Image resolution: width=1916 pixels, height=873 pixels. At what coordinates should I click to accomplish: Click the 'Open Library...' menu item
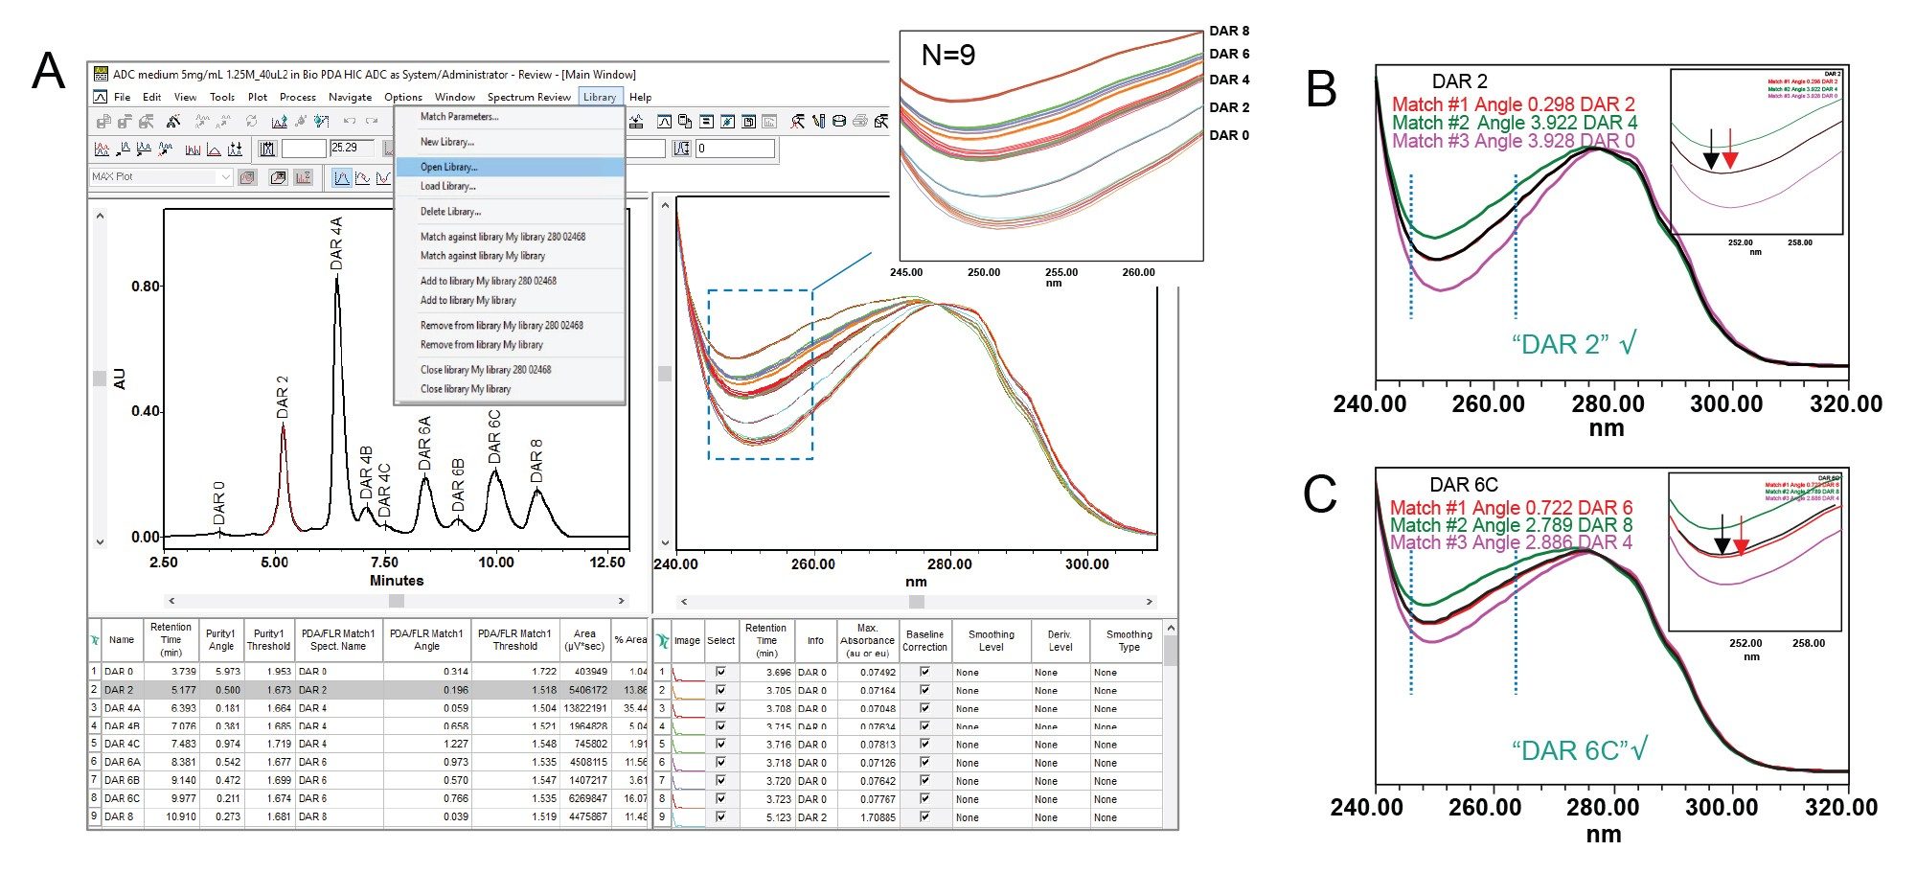(448, 167)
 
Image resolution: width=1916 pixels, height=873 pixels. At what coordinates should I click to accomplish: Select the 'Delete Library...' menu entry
(450, 212)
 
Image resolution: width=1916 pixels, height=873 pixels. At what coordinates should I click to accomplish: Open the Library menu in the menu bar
(600, 97)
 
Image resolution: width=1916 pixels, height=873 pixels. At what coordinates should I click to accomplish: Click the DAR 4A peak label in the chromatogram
(336, 241)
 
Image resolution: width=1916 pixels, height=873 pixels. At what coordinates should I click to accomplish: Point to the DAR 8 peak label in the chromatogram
(536, 460)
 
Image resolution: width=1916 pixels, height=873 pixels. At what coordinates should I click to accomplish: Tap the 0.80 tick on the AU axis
(146, 286)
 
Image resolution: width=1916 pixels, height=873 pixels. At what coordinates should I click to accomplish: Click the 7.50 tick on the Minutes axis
(384, 563)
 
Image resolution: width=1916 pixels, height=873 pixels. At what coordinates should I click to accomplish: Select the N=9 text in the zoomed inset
(948, 56)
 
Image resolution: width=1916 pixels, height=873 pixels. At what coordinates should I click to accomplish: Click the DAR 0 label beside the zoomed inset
(1228, 135)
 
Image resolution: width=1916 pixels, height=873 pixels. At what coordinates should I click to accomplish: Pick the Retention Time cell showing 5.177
(183, 690)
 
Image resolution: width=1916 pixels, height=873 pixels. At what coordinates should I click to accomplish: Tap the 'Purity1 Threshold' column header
(268, 640)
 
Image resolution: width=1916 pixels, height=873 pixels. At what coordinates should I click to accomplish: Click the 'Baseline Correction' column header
(924, 640)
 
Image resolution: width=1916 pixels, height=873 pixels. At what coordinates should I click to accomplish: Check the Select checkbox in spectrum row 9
(720, 817)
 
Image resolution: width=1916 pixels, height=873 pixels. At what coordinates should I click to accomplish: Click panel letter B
(1321, 89)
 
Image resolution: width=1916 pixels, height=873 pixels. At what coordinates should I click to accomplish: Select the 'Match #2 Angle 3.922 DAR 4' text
(1514, 123)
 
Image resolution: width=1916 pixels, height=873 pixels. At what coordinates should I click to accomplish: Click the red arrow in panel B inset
(1729, 149)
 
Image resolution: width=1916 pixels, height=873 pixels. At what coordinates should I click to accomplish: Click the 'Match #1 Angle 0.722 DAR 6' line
(1511, 508)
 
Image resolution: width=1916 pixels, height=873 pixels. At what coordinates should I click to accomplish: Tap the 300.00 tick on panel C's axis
(1722, 808)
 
